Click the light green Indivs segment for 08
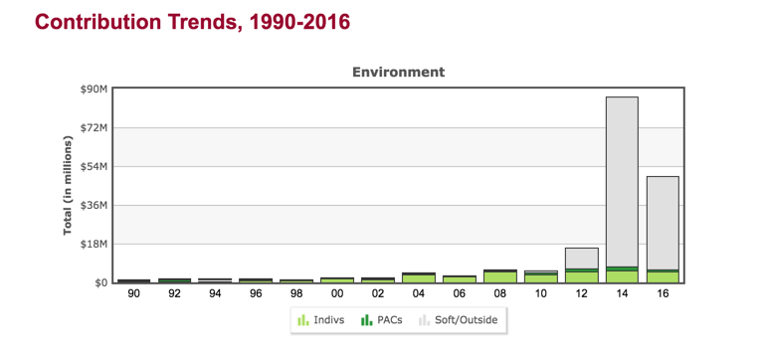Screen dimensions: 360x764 click(x=499, y=276)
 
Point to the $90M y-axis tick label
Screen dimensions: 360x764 click(x=95, y=90)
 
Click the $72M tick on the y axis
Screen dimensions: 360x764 click(x=95, y=128)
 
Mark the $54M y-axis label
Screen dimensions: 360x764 click(x=95, y=167)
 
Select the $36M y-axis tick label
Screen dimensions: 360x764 click(x=95, y=206)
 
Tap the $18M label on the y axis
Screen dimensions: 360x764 click(x=95, y=245)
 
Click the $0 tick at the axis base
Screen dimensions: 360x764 click(x=101, y=283)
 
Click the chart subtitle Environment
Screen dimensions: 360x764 click(x=398, y=72)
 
